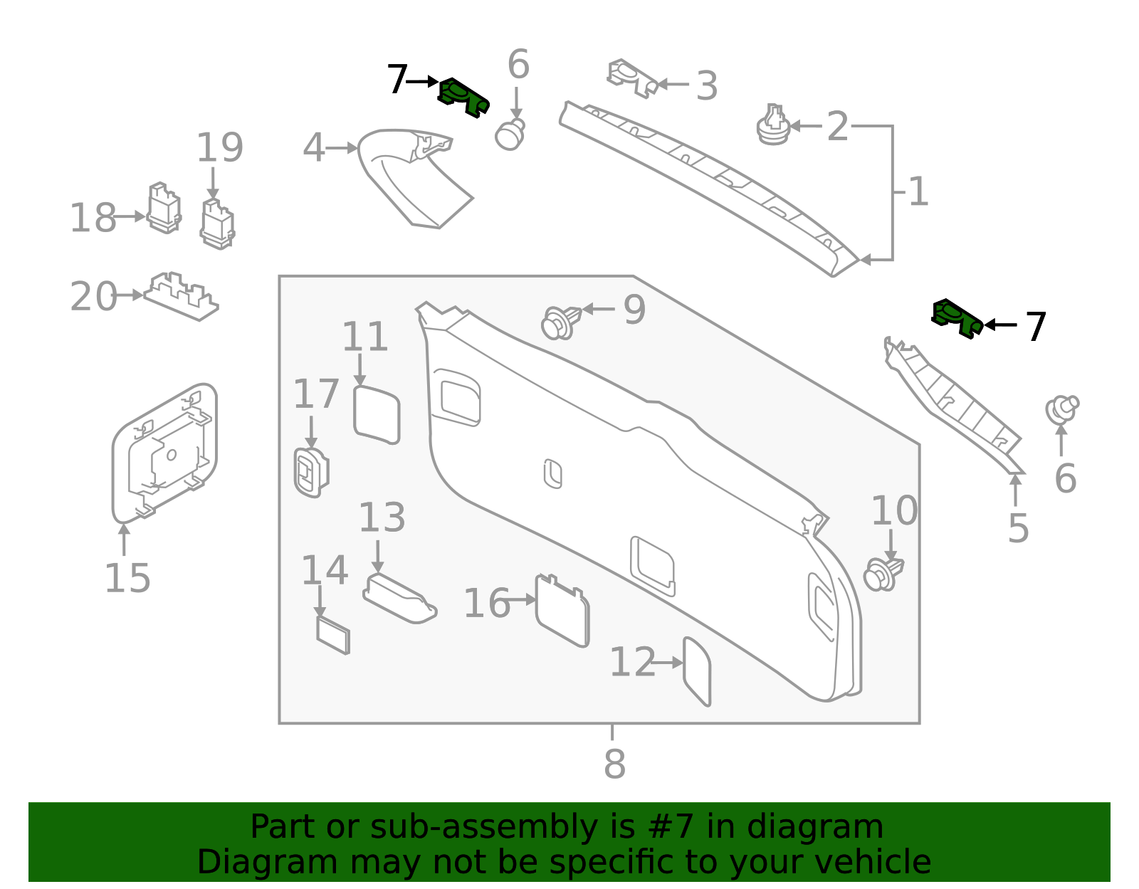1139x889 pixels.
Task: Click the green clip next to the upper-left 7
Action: click(463, 97)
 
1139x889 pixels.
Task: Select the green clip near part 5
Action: click(957, 317)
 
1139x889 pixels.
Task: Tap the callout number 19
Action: click(219, 148)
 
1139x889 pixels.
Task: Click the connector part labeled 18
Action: click(164, 209)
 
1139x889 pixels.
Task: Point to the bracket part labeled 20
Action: click(182, 295)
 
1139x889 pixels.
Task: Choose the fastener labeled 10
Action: click(883, 574)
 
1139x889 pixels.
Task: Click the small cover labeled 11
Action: click(377, 414)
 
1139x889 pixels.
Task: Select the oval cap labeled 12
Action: click(697, 670)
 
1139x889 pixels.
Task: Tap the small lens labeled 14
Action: click(333, 635)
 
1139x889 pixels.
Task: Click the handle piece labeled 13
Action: click(399, 598)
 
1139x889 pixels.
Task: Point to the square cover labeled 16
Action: click(562, 610)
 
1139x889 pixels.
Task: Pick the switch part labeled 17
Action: click(311, 472)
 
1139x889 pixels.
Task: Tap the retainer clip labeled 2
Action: click(773, 126)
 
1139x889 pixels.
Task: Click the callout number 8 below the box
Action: click(614, 764)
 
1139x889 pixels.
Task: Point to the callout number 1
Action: click(918, 192)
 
